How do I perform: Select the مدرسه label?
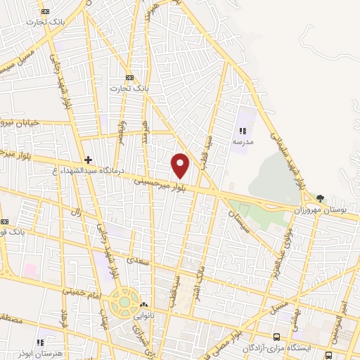point(243,141)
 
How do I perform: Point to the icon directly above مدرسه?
point(243,131)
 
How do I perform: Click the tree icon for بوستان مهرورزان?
point(321,199)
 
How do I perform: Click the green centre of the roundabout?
point(124,302)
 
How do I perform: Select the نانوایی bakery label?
point(144,316)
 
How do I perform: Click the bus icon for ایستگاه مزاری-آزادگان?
point(276,337)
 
